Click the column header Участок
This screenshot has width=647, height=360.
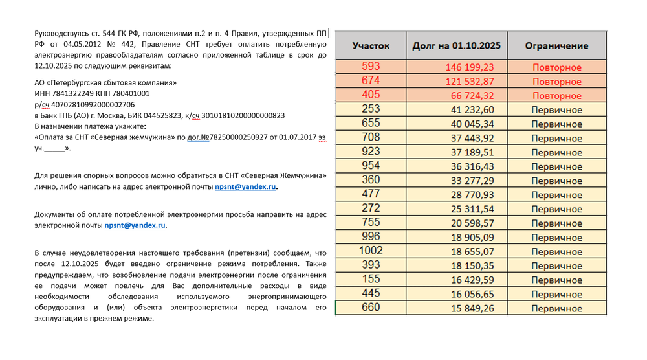point(371,46)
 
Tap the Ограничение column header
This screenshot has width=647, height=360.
point(556,46)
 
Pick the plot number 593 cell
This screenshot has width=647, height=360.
point(371,67)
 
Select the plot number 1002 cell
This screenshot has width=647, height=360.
point(371,251)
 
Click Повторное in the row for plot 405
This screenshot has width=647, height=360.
point(556,96)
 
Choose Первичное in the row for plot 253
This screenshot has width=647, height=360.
point(556,110)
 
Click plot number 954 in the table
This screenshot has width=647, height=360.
point(371,166)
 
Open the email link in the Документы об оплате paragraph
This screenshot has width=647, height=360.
point(135,226)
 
